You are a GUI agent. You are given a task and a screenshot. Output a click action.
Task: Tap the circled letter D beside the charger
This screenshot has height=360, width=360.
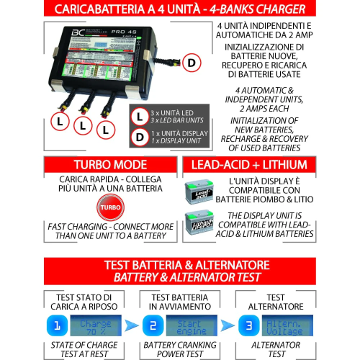pyautogui.click(x=191, y=63)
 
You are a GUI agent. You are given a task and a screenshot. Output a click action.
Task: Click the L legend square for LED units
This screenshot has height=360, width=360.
pyautogui.click(x=140, y=115)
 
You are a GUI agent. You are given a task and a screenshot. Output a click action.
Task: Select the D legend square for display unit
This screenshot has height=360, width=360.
pyautogui.click(x=140, y=137)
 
